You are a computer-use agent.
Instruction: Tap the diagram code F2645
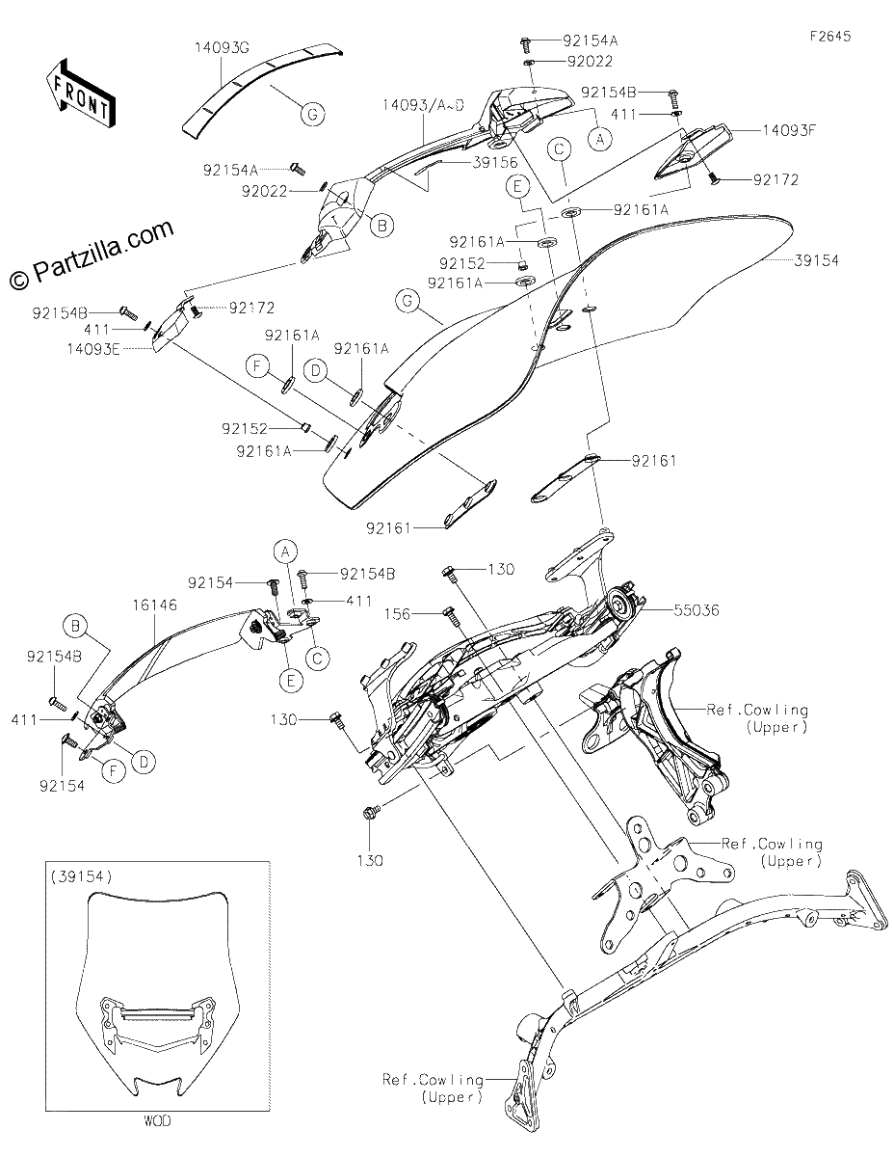[830, 37]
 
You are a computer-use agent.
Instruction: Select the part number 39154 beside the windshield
[816, 261]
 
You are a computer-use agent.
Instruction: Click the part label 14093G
[222, 47]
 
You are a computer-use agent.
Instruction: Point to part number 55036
[697, 610]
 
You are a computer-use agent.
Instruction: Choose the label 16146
[155, 605]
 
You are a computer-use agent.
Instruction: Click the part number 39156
[495, 162]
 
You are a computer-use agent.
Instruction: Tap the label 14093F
[789, 130]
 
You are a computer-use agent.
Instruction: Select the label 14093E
[93, 349]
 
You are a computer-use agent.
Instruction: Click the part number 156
[397, 614]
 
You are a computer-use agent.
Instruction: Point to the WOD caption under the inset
[157, 1121]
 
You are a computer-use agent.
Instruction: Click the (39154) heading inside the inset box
[81, 875]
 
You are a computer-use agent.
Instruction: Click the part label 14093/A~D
[423, 105]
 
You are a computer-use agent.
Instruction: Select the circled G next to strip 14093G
[312, 114]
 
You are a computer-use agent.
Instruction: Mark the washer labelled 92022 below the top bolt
[529, 64]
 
